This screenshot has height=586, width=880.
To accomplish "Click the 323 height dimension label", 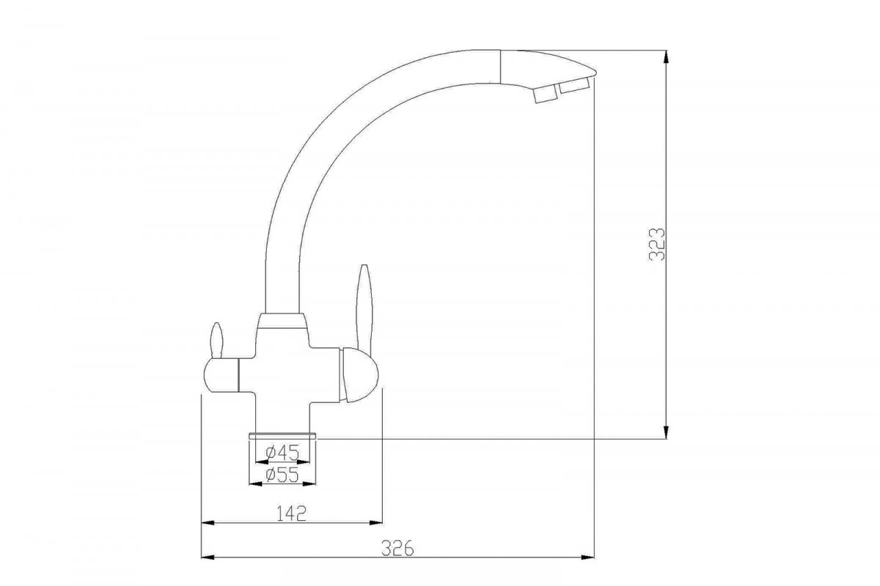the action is pos(656,244).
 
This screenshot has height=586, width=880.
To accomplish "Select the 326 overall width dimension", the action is pos(398,549).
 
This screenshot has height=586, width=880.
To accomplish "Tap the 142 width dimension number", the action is pos(291,513).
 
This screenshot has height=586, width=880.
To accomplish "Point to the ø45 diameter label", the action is pos(282,453).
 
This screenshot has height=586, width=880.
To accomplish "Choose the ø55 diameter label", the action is pos(282,475).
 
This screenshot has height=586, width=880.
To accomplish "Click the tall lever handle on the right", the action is pos(364,306).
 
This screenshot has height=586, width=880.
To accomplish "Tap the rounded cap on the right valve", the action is pos(359,374).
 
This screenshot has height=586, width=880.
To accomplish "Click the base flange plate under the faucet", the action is pos(282,436).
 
